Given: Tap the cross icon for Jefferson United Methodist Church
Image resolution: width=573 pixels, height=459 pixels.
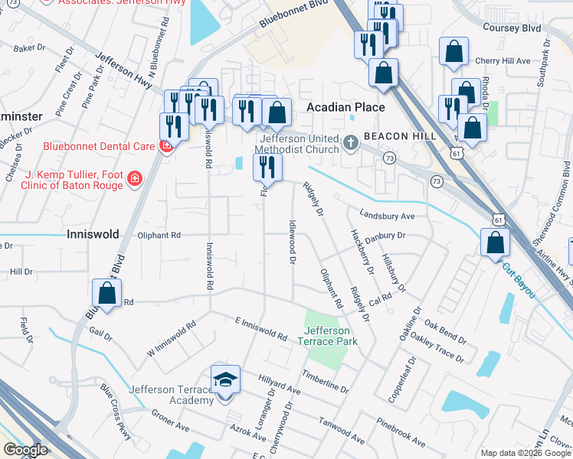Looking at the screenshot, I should [351, 142].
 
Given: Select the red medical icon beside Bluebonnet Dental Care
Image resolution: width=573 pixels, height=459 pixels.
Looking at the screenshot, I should [165, 146].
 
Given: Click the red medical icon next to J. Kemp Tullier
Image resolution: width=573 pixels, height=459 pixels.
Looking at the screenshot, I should [135, 179].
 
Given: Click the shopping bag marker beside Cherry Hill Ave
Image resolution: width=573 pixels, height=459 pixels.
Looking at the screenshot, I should [453, 52].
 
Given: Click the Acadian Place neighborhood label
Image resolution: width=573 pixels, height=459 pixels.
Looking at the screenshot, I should [345, 108].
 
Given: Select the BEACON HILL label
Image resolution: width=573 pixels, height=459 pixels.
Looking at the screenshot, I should [400, 136].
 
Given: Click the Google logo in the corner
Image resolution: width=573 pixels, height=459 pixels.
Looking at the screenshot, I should [25, 450].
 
